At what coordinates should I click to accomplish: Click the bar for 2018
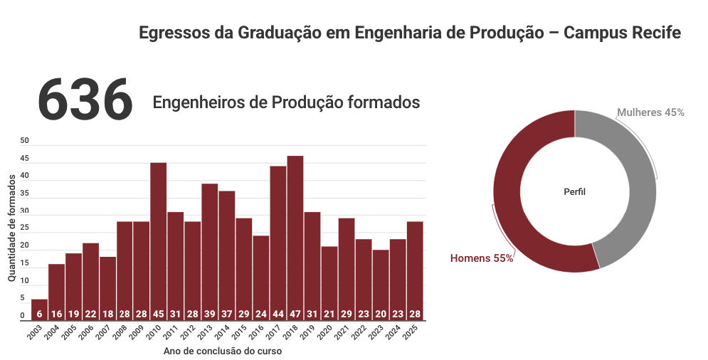point(295,238)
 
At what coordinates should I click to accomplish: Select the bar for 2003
point(40,310)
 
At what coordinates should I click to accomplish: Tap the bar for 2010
point(159,242)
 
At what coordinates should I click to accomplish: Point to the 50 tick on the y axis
point(24,141)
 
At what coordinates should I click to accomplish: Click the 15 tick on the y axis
point(24,263)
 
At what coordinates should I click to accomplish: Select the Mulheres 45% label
point(650,112)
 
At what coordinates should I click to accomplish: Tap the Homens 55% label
point(482,258)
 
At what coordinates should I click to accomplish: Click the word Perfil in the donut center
point(575,192)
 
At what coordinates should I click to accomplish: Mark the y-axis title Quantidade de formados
point(11,230)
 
